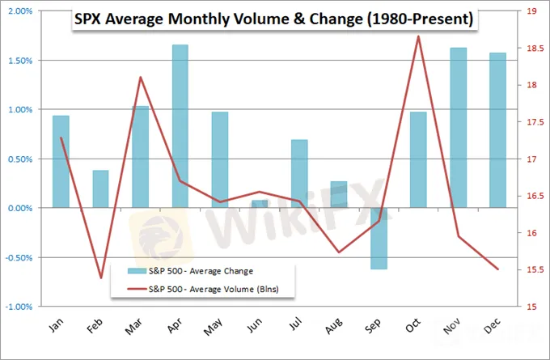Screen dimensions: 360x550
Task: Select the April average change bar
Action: click(x=180, y=126)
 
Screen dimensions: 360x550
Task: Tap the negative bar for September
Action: click(x=379, y=238)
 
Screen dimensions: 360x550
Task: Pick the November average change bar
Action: click(x=458, y=128)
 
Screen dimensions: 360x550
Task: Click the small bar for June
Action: click(x=259, y=204)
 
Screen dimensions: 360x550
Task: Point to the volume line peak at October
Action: click(x=418, y=36)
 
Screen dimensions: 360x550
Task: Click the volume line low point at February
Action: click(x=100, y=277)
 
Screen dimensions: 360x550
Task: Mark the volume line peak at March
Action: click(x=141, y=78)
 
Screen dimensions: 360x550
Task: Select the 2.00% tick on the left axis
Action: click(x=19, y=11)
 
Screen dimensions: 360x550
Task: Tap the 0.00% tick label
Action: click(x=19, y=208)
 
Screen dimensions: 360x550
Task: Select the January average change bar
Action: click(x=61, y=162)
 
